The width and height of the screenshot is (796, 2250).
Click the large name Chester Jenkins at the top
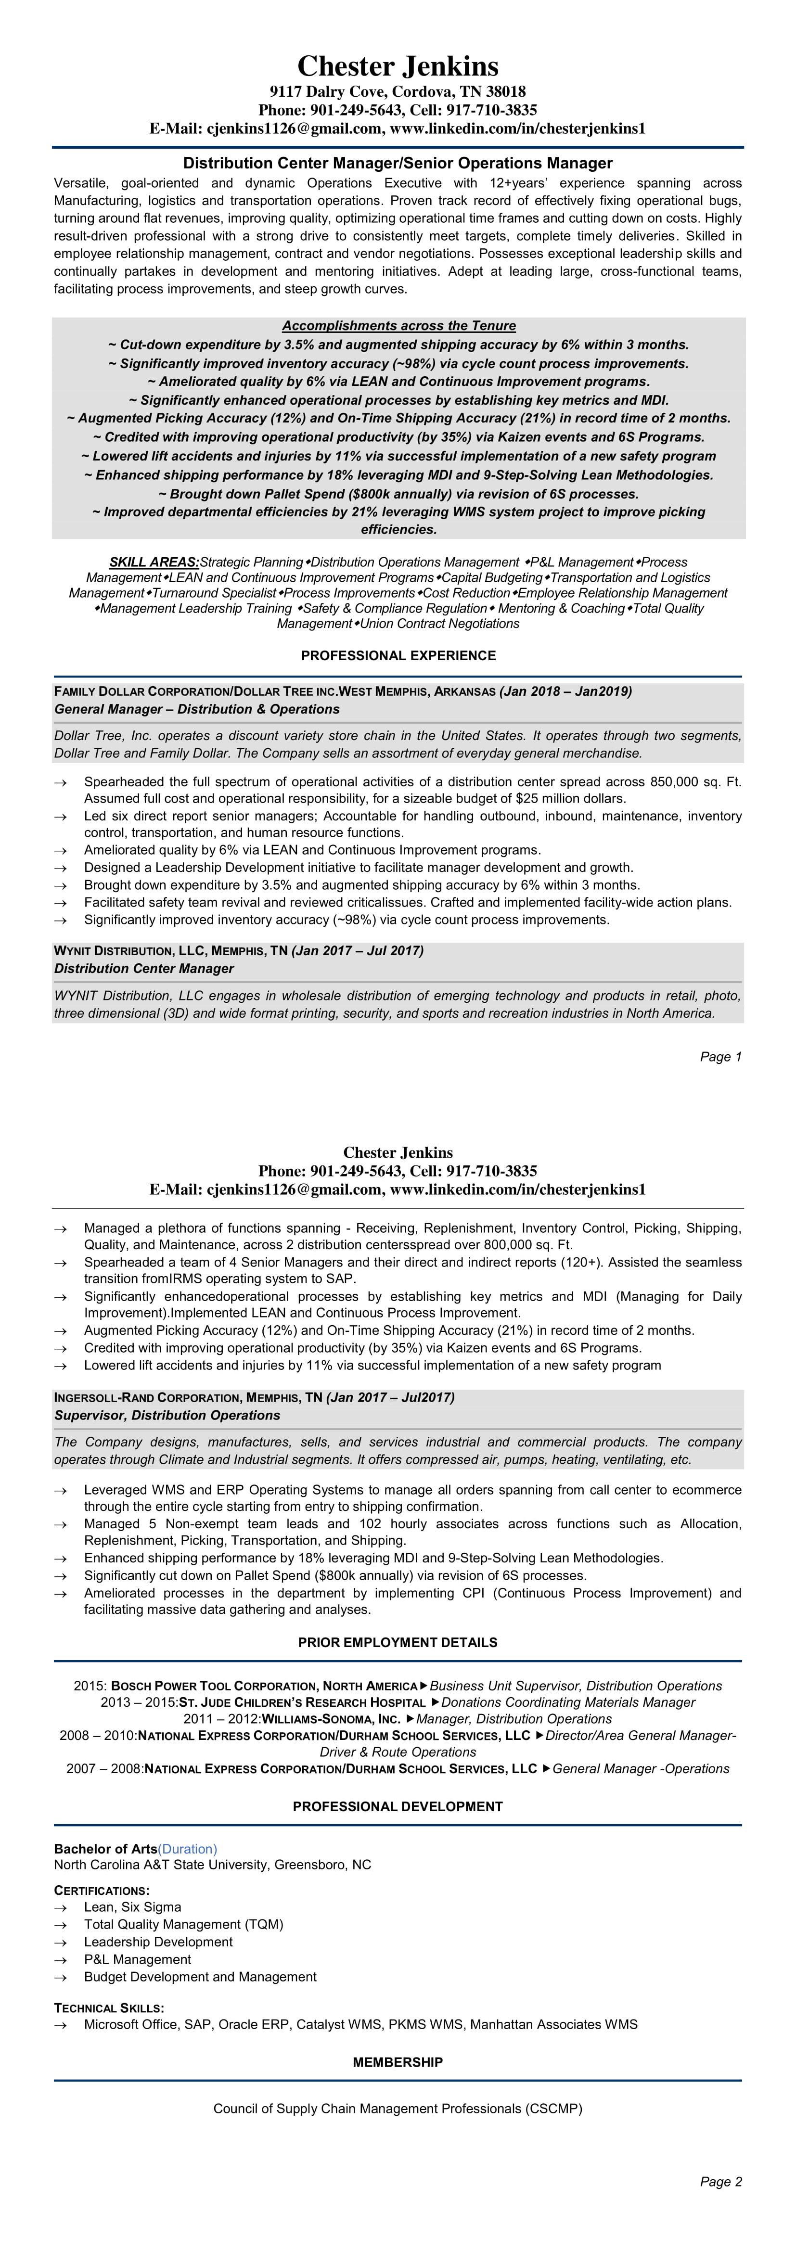pos(398,66)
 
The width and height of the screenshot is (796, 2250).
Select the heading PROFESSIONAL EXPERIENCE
pos(398,656)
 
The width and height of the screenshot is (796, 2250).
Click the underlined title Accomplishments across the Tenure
pos(398,326)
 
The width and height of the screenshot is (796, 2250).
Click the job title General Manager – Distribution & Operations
pos(197,709)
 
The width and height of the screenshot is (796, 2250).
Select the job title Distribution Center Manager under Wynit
pos(144,969)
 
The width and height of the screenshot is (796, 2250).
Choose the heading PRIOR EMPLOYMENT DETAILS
pos(398,1643)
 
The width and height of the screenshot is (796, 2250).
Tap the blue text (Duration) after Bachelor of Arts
pos(188,1849)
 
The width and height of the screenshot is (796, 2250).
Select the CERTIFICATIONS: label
pos(102,1891)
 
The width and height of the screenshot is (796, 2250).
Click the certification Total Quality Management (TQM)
pos(183,1925)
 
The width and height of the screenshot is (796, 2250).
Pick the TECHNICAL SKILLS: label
pos(109,2008)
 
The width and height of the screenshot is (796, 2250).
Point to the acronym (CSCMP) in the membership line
pos(554,2109)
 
